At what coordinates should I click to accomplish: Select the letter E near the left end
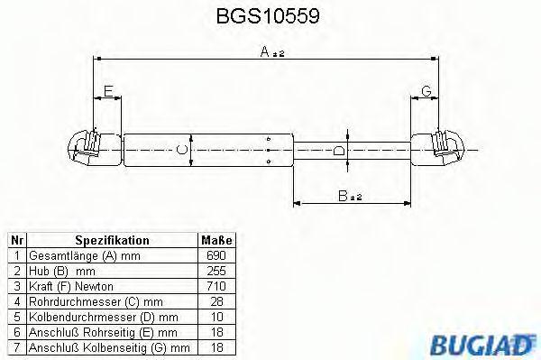tap(108, 91)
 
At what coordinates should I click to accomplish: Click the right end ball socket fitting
tap(446, 148)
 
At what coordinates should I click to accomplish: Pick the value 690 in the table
tap(215, 257)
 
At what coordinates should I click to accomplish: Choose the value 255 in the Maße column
tap(215, 272)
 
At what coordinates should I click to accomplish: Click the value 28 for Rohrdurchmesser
tap(215, 301)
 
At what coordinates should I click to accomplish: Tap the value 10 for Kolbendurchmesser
tap(215, 317)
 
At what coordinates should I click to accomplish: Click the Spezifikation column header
tap(112, 241)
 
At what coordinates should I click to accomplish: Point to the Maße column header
tap(215, 241)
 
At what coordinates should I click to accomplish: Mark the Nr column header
tap(16, 241)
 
